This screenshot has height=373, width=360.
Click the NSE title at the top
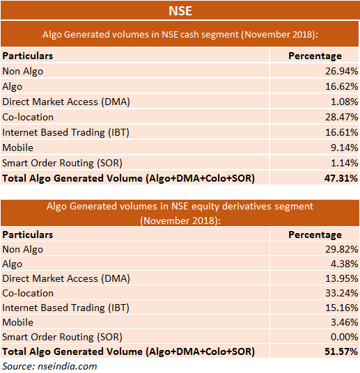(180, 11)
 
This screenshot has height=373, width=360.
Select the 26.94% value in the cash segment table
(342, 71)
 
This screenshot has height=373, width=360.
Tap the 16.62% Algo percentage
(342, 86)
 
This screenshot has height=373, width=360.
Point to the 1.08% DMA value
(344, 102)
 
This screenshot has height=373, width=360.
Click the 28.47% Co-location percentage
(342, 117)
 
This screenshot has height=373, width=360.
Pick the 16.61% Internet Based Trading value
(342, 132)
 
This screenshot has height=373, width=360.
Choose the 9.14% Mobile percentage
(344, 148)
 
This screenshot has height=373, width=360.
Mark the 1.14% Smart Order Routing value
(344, 163)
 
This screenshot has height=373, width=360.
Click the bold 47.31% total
(341, 178)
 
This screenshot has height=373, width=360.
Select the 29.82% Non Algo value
(342, 249)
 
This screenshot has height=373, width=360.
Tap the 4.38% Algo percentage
(344, 264)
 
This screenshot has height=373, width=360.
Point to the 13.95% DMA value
(342, 278)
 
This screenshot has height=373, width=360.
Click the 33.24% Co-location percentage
(342, 293)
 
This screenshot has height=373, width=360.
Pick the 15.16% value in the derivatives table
(342, 308)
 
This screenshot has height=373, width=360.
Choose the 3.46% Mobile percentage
(344, 322)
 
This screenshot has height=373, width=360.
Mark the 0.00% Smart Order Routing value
(344, 337)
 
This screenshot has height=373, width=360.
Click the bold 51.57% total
(341, 351)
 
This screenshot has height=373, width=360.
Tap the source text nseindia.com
(68, 366)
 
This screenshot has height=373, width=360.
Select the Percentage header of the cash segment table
(315, 56)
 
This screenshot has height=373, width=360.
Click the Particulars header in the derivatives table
(28, 235)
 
